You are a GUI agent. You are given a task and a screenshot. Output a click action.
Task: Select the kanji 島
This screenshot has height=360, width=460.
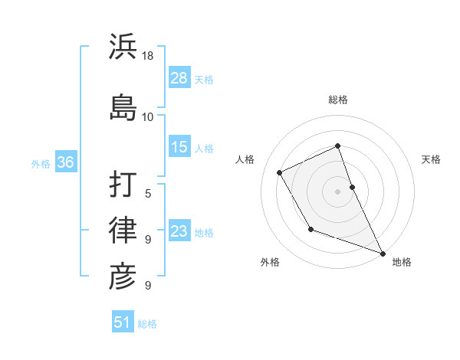click(123, 105)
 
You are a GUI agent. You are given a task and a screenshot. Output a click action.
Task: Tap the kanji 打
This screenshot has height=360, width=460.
click(123, 183)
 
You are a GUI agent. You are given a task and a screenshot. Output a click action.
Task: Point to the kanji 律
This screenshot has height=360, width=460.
click(123, 229)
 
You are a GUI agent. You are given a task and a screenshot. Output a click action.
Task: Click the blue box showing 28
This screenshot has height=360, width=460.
click(179, 78)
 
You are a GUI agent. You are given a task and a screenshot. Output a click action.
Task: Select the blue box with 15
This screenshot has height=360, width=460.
click(179, 147)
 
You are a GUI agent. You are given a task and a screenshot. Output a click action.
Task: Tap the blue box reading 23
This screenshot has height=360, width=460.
click(179, 231)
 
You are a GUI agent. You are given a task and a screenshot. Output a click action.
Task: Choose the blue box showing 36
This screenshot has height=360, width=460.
click(65, 162)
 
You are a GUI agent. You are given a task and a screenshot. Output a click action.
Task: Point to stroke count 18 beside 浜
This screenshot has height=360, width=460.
click(149, 56)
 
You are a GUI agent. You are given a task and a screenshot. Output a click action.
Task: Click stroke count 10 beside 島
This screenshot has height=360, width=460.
click(148, 116)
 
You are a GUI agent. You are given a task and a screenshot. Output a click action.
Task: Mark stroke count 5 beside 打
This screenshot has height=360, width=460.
click(148, 194)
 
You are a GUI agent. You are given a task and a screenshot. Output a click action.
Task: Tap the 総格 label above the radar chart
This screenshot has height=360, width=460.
click(338, 100)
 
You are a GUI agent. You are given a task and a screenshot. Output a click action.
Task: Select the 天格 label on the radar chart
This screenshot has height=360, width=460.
click(431, 159)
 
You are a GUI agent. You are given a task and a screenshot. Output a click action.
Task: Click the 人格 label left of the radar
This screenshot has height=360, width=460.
click(245, 159)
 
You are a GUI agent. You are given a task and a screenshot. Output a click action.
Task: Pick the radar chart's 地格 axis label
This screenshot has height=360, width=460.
click(402, 262)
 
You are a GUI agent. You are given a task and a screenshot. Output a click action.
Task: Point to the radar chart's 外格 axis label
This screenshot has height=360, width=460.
click(270, 262)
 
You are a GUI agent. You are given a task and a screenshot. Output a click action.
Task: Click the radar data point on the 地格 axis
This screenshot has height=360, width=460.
click(383, 254)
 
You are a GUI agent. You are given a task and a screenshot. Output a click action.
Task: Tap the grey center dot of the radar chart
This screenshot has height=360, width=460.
click(338, 191)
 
